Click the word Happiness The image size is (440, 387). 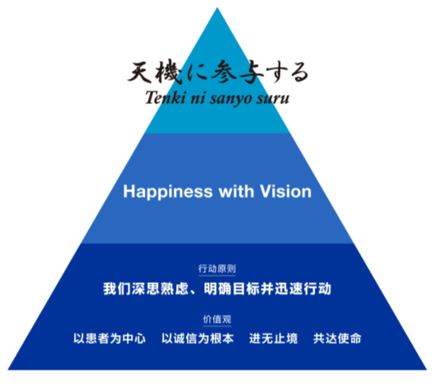(x=168, y=192)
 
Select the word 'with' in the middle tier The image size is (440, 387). (x=236, y=191)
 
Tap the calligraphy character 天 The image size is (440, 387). (x=140, y=72)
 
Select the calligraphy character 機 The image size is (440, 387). (x=169, y=72)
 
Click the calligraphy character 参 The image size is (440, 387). (x=224, y=72)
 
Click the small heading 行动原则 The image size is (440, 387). (x=217, y=269)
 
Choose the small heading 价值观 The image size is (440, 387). (x=218, y=319)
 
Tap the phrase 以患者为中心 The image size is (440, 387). (x=110, y=338)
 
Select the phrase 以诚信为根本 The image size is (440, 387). (x=198, y=338)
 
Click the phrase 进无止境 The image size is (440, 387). (x=274, y=338)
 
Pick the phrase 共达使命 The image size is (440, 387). (x=337, y=338)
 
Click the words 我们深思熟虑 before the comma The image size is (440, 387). (x=146, y=289)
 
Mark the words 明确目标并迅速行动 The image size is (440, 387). (x=268, y=289)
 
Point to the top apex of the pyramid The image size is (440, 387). (x=217, y=7)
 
